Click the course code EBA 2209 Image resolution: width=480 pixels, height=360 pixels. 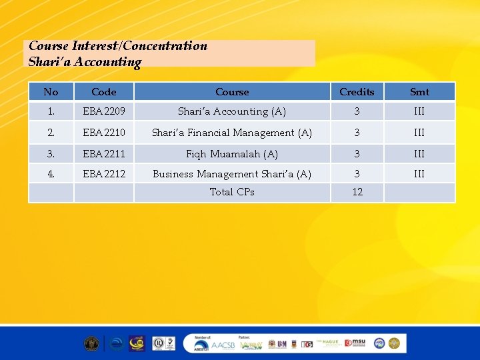tap(103, 111)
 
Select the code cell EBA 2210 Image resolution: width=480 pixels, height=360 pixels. tap(103, 133)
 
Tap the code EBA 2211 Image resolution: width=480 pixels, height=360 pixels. tap(103, 154)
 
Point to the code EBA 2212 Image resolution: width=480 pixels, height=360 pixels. tap(103, 174)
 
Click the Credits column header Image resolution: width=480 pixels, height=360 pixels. tap(357, 92)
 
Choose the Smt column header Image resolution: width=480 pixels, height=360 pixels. tap(419, 92)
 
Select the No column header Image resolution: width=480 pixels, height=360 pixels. tap(51, 92)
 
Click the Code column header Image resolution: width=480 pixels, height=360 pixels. tap(103, 92)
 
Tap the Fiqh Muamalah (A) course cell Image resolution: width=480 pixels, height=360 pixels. tap(232, 154)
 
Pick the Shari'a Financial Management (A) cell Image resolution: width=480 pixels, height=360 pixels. tap(232, 133)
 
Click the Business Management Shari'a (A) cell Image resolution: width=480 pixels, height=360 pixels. tap(232, 174)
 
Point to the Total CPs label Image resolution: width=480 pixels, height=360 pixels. tap(232, 192)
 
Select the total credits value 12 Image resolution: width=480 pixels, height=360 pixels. tap(357, 192)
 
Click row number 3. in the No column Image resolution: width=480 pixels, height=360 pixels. tap(51, 154)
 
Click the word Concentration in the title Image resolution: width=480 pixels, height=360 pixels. tap(165, 46)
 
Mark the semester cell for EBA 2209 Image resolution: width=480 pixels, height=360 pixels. tap(419, 111)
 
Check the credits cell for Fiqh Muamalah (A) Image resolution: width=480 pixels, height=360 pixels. tap(357, 154)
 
